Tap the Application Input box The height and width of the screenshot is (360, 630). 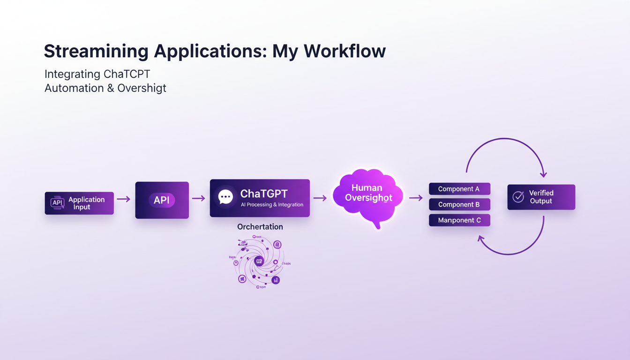tap(79, 203)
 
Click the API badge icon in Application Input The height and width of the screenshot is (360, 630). tap(57, 203)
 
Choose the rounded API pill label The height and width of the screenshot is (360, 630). tap(162, 200)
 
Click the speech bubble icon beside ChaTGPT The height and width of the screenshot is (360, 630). tap(225, 197)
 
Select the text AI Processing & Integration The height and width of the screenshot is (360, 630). tap(272, 205)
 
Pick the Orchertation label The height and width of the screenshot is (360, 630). tap(260, 227)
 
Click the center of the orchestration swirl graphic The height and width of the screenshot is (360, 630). tap(259, 261)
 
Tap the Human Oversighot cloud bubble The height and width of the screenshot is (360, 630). tap(368, 196)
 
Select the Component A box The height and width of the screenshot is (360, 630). tap(459, 189)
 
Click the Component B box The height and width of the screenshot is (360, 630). tap(459, 204)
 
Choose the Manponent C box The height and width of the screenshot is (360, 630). tap(459, 220)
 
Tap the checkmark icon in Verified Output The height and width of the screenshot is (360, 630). tap(518, 197)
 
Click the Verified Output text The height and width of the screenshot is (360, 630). tap(541, 197)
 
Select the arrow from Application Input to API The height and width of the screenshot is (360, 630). tap(124, 199)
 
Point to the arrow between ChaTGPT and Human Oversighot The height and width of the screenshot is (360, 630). tap(320, 198)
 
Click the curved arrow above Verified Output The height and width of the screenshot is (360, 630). tap(504, 139)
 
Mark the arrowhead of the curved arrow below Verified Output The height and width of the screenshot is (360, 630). tap(481, 239)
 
